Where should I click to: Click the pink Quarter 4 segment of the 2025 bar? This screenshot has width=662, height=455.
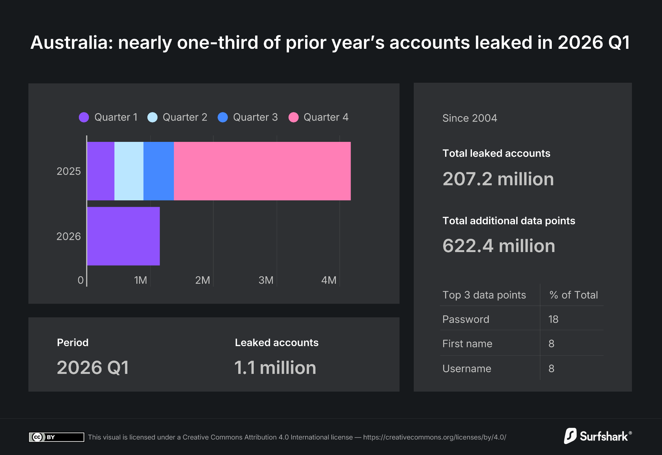[x=262, y=171]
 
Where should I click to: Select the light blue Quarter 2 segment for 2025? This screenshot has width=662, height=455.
[x=129, y=171]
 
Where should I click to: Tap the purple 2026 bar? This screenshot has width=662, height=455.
[x=123, y=236]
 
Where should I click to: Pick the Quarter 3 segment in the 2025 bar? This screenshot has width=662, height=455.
[x=158, y=171]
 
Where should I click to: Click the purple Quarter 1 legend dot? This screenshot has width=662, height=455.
[x=84, y=117]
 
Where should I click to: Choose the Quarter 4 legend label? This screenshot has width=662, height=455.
[x=326, y=117]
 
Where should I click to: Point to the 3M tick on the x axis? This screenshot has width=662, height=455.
[x=266, y=280]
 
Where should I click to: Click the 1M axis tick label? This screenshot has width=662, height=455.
[x=141, y=280]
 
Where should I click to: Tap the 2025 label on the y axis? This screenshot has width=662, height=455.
[x=69, y=171]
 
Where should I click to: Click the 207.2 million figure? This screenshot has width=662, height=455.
[x=498, y=179]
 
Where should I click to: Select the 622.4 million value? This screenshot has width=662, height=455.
[x=498, y=246]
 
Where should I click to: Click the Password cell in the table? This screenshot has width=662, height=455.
[x=465, y=319]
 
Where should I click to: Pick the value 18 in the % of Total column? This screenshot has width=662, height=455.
[x=553, y=319]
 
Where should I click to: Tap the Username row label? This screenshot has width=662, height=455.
[x=466, y=368]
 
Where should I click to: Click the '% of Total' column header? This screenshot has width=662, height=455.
[x=573, y=295]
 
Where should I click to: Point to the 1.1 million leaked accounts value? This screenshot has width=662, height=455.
[x=275, y=368]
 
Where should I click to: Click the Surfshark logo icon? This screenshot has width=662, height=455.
[x=570, y=436]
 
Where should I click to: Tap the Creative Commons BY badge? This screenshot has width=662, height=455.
[x=56, y=437]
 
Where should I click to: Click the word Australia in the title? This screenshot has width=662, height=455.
[x=71, y=43]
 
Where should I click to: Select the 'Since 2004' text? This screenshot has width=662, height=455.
[x=469, y=118]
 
